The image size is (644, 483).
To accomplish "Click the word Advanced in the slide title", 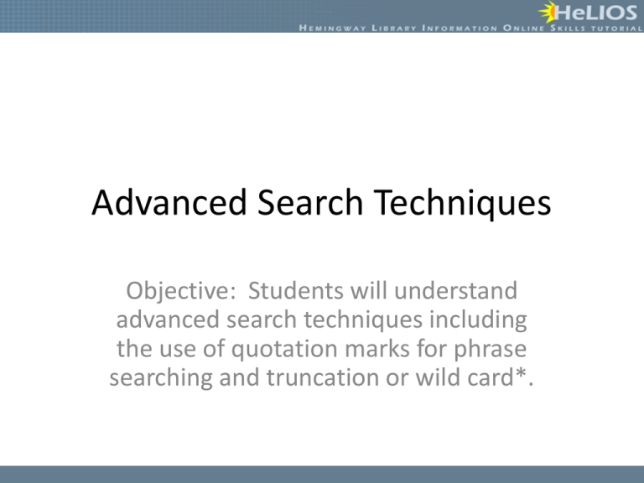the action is [x=169, y=202].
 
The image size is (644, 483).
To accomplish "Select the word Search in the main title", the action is [x=310, y=202].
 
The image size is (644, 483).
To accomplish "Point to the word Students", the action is [x=296, y=291].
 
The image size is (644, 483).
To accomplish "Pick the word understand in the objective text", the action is [x=455, y=291].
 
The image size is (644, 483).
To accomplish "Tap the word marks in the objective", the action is [x=377, y=349].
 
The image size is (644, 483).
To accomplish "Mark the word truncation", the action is [x=322, y=378].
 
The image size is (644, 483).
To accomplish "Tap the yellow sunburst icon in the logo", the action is [x=547, y=13].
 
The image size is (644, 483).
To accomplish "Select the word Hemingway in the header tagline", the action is [x=332, y=29].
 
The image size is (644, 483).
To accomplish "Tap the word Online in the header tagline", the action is [x=523, y=29].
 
